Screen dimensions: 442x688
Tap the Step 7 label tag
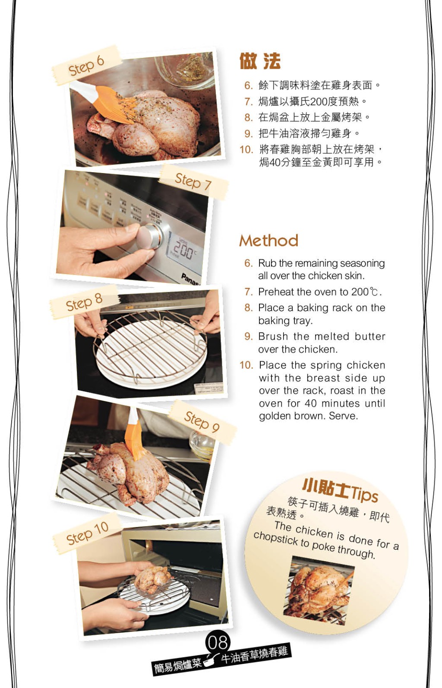(x=193, y=182)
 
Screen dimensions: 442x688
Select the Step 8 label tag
(x=84, y=302)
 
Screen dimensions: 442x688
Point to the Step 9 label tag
(x=202, y=422)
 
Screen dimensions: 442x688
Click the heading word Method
(x=269, y=240)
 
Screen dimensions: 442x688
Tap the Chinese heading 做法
(x=260, y=61)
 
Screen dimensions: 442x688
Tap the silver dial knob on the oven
(x=149, y=236)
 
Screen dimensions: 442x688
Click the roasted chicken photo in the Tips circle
(x=319, y=590)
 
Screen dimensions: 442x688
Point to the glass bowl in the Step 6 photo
(x=185, y=70)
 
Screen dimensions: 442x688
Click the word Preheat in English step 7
(x=275, y=292)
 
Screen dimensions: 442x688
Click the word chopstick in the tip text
(x=275, y=539)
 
